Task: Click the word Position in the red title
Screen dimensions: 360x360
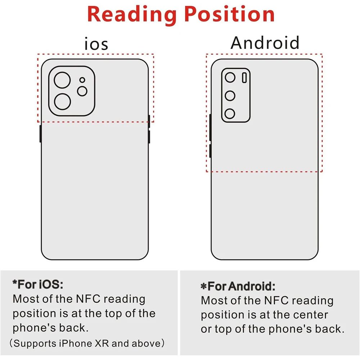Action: pos(230,14)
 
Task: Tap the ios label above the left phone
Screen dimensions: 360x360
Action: pos(96,44)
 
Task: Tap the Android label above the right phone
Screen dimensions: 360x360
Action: pos(265,43)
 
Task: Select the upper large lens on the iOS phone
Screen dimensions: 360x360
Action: pos(62,80)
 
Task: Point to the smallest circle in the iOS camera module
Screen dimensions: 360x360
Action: pos(82,80)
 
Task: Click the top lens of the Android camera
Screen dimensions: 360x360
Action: pos(230,77)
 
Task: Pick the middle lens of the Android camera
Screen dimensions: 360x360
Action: pos(230,96)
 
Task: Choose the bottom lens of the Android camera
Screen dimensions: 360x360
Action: pos(230,114)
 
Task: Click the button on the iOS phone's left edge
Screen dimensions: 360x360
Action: pos(40,134)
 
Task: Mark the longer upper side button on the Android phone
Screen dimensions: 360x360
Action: pos(210,127)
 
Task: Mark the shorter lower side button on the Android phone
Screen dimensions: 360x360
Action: pos(210,151)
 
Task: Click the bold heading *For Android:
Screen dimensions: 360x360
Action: pos(238,287)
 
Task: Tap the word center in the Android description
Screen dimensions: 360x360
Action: pos(310,315)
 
